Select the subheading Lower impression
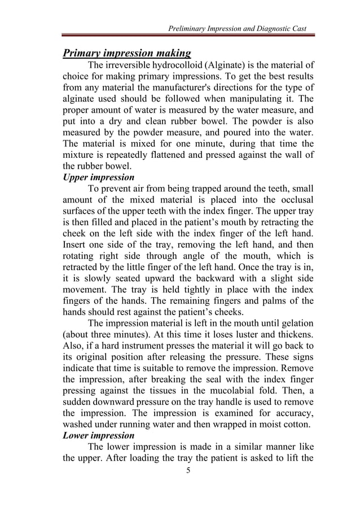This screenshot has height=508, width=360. point(99,435)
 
